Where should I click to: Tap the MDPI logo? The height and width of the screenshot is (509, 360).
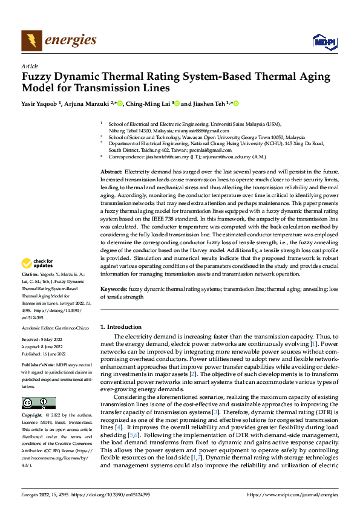pyautogui.click(x=323, y=41)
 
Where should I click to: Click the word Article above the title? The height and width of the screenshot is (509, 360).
pyautogui.click(x=30, y=66)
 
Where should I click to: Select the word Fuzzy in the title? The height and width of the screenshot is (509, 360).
pyautogui.click(x=38, y=77)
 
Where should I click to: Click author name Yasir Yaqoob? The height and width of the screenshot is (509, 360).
pyautogui.click(x=41, y=104)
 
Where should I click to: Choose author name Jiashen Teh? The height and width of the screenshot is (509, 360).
pyautogui.click(x=212, y=104)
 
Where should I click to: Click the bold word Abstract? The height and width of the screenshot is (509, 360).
pyautogui.click(x=111, y=173)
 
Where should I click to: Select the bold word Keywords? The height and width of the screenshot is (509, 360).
pyautogui.click(x=113, y=290)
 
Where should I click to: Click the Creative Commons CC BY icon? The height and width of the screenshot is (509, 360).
pyautogui.click(x=38, y=403)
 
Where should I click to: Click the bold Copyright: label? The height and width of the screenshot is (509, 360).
pyautogui.click(x=32, y=416)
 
